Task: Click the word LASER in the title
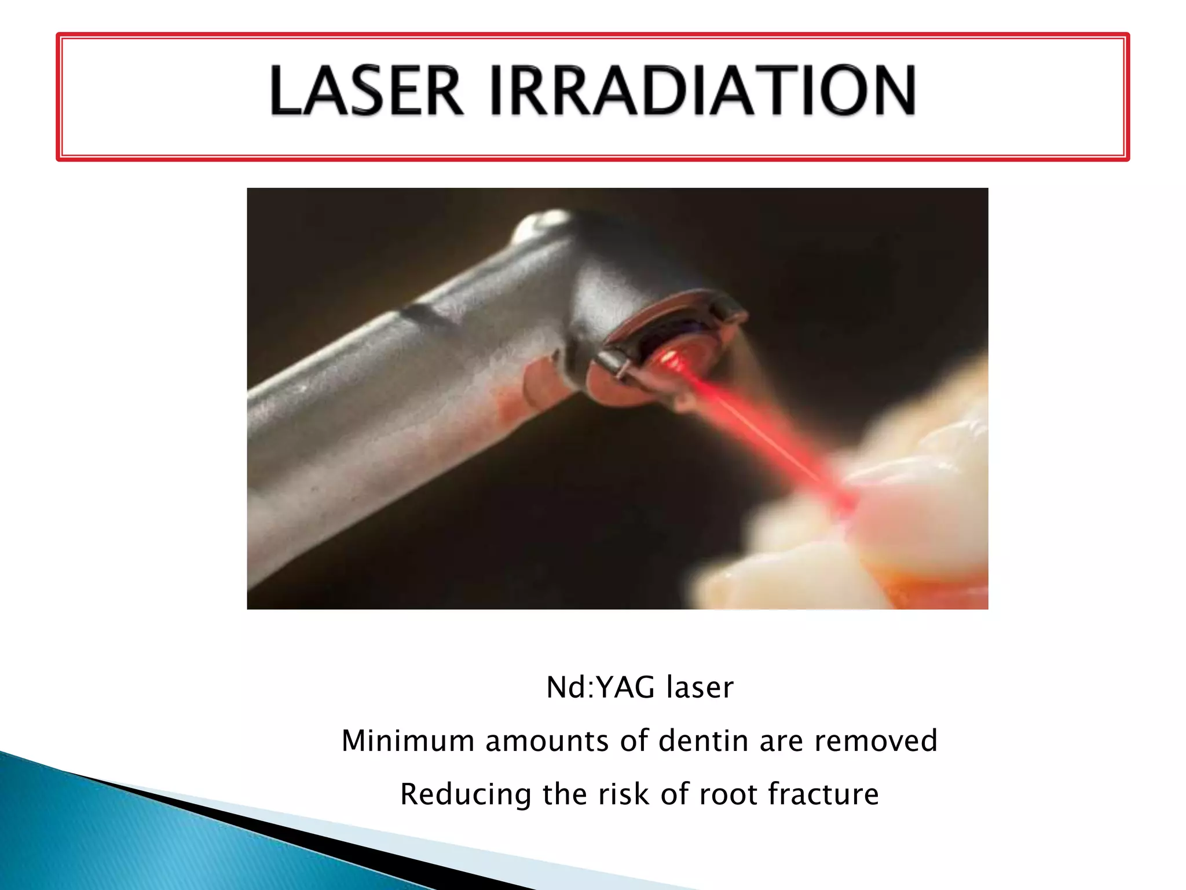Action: point(366,91)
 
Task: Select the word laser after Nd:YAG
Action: point(700,688)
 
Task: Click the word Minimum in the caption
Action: point(408,741)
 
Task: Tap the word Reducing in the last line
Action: point(466,794)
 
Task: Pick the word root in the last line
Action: point(728,794)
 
